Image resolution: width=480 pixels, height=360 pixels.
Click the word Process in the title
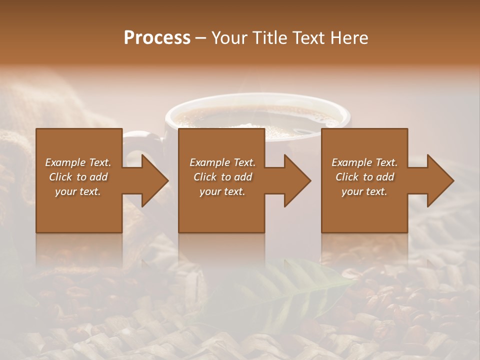pos(157,38)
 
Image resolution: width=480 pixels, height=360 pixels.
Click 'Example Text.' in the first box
pos(78,162)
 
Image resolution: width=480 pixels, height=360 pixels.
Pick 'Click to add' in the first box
pos(78,177)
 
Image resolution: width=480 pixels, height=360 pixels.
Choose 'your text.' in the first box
pos(78,191)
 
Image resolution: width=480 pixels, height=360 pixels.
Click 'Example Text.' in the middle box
pos(222,162)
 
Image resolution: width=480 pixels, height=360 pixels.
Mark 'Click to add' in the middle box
pos(222,177)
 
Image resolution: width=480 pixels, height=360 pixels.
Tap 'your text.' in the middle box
pos(222,191)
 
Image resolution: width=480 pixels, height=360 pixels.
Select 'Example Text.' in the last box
pos(364,162)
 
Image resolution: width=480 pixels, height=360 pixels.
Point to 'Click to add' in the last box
pos(364,177)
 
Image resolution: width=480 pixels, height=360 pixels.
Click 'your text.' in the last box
pos(364,191)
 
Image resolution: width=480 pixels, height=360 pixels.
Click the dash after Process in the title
pos(201,38)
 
